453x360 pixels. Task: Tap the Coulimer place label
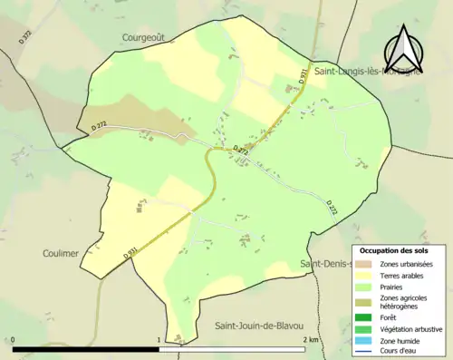62,253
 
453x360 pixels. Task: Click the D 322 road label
24,37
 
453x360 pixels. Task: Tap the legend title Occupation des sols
394,250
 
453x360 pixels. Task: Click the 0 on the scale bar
14,340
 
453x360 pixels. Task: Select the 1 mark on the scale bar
160,340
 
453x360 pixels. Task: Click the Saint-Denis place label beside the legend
326,264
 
